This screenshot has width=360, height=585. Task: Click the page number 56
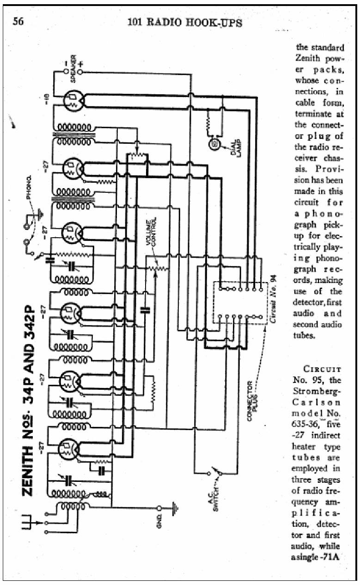tap(19, 22)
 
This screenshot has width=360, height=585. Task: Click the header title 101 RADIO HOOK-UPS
tap(184, 22)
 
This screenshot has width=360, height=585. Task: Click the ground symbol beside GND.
tap(176, 507)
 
